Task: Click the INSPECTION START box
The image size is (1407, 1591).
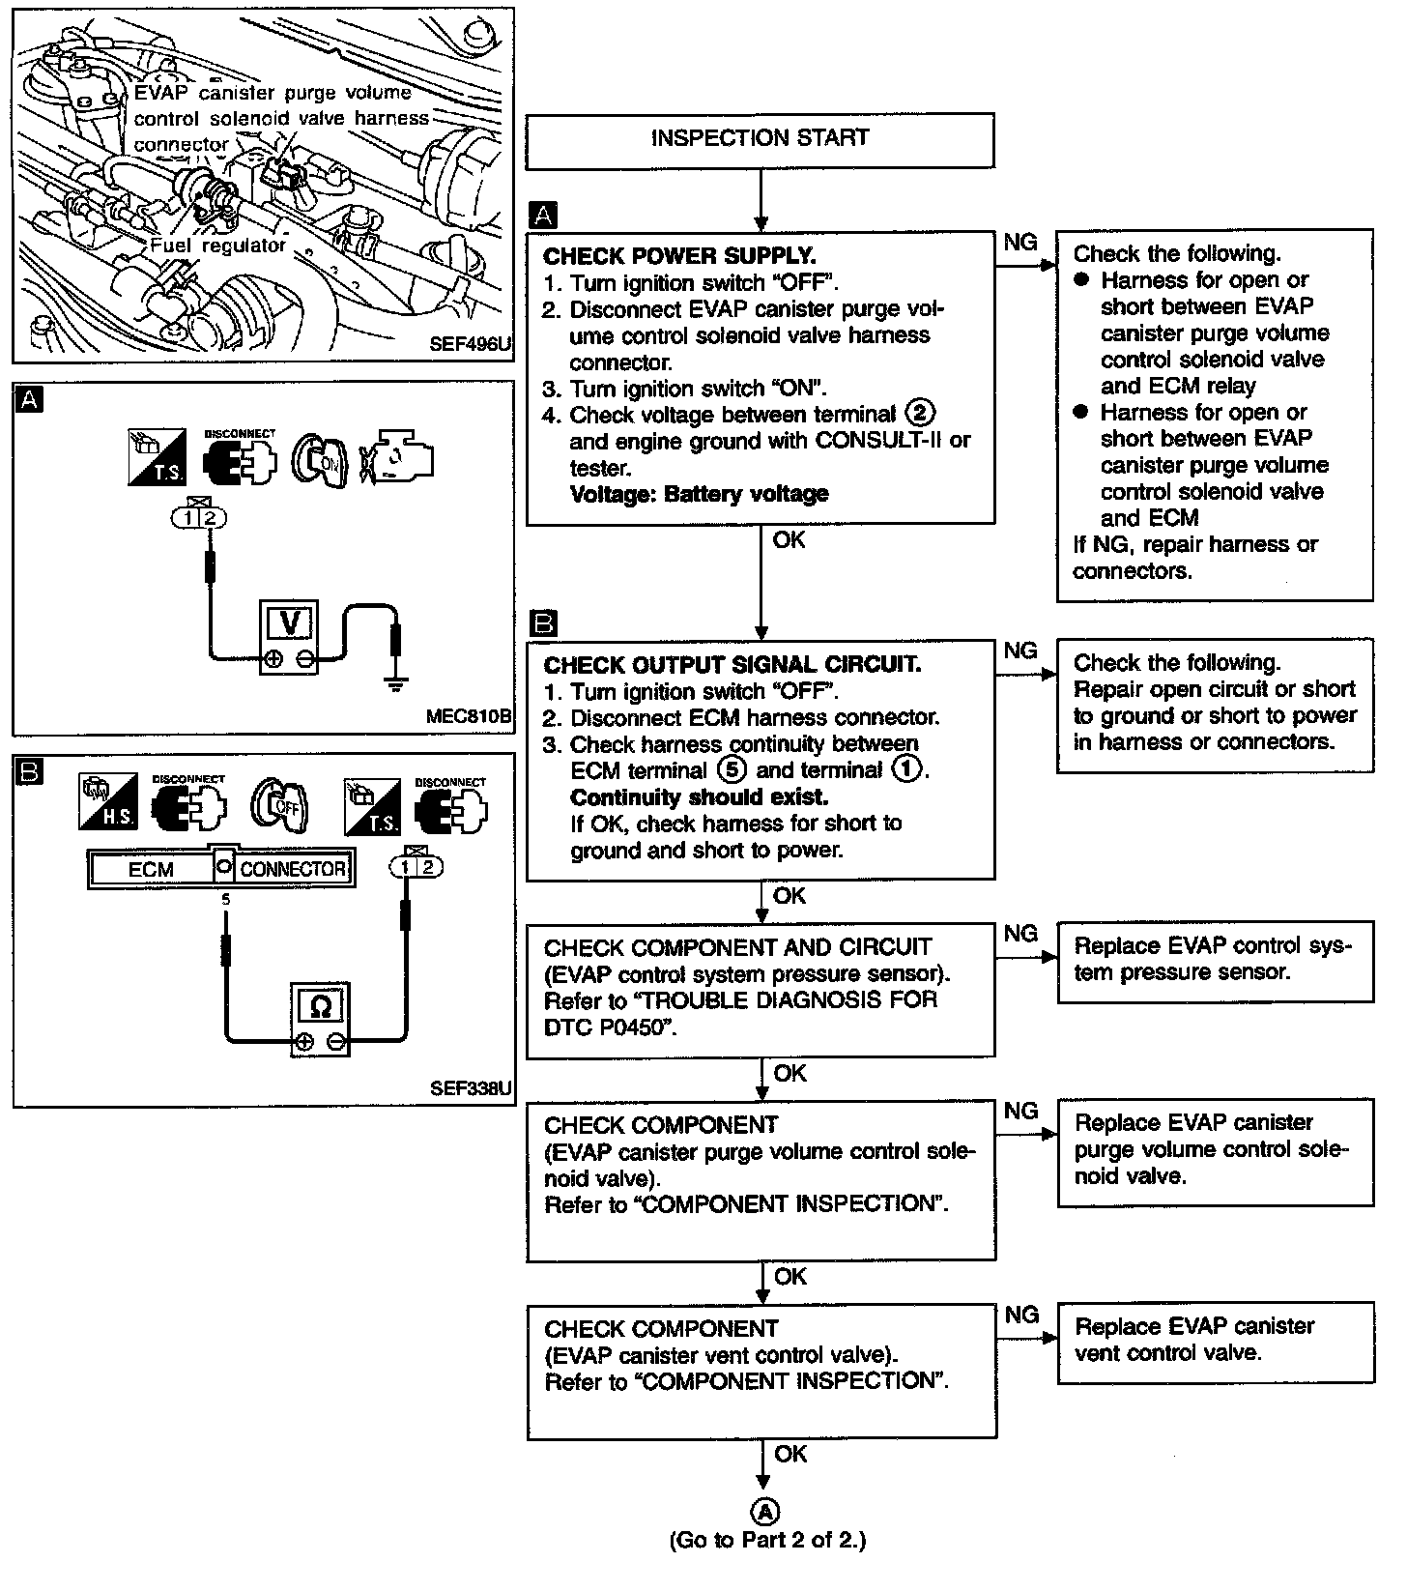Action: [x=760, y=139]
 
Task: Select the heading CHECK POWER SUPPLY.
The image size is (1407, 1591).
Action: [x=679, y=256]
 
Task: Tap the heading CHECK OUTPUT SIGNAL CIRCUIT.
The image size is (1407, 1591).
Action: [x=732, y=665]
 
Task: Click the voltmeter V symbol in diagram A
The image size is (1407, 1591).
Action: [x=289, y=624]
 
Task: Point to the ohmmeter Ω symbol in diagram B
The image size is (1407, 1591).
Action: [x=322, y=1007]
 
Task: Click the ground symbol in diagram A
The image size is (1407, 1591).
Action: [x=393, y=683]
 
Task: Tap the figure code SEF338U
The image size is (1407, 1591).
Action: [x=471, y=1088]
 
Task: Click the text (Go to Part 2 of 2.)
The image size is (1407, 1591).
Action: [x=767, y=1541]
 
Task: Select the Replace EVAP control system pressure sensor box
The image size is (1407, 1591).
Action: [x=1215, y=961]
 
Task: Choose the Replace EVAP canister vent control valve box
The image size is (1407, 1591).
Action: [x=1215, y=1342]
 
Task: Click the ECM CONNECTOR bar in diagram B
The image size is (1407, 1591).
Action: [x=220, y=868]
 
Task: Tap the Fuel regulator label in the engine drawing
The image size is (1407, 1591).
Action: [x=217, y=246]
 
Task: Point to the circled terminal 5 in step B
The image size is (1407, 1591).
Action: [x=732, y=770]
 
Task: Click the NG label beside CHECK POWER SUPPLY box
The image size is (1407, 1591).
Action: [x=1020, y=242]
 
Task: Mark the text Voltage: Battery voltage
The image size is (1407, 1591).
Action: [x=699, y=494]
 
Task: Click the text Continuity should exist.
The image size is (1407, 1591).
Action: [x=699, y=797]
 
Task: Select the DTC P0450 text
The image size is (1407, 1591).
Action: [x=606, y=1027]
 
